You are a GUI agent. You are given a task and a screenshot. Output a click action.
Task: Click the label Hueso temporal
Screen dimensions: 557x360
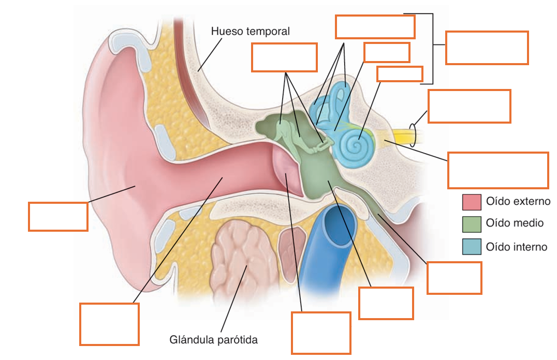pos(251,31)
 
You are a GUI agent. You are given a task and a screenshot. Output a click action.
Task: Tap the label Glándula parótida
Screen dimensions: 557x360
pos(213,340)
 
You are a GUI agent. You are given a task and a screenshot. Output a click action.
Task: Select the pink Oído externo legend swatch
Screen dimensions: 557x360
pos(472,202)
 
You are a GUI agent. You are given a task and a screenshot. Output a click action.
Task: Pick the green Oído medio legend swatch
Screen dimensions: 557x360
pos(472,224)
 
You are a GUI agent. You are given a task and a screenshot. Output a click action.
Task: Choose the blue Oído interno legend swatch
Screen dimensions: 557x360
pos(472,246)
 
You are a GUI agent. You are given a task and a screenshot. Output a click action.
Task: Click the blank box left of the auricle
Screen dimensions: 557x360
pos(58,217)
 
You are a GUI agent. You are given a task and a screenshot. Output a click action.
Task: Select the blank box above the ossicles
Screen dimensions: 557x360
pos(284,57)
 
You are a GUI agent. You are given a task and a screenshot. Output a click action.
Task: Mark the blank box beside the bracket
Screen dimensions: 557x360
pos(487,48)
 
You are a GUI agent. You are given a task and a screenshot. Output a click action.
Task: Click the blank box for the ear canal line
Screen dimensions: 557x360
pos(109,324)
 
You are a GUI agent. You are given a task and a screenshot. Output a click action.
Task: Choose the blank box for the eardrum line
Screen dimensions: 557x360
pos(321,333)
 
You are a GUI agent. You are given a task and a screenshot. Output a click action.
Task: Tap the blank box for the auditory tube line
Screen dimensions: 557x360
pos(455,278)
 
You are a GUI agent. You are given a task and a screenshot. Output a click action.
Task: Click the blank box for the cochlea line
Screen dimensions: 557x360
pos(400,74)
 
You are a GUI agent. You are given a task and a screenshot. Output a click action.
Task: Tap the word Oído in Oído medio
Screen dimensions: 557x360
pos(495,223)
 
